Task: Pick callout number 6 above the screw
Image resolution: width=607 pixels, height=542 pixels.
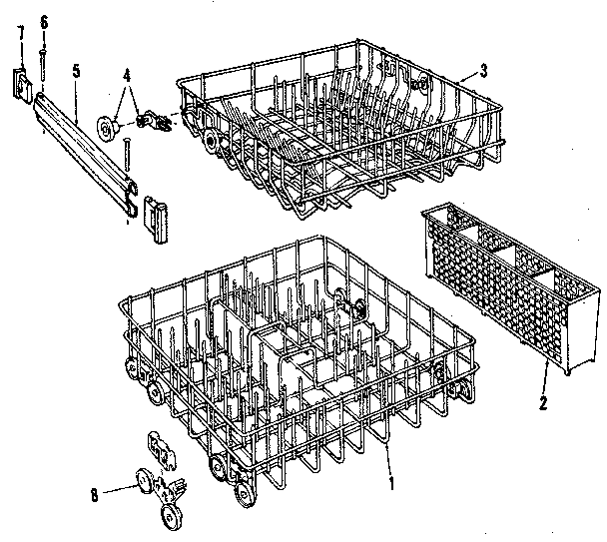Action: (43, 21)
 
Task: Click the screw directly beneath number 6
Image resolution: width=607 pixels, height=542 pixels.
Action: (43, 60)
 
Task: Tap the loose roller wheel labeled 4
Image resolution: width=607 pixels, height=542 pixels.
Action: (108, 127)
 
